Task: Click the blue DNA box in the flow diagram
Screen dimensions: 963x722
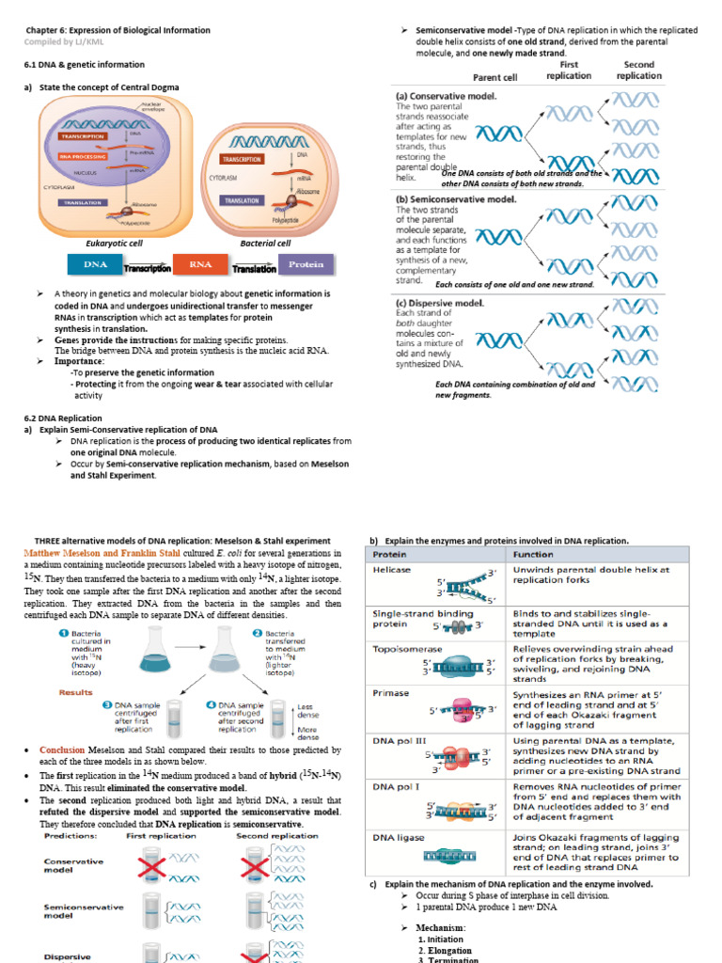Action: (95, 265)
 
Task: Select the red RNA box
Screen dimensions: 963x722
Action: (200, 265)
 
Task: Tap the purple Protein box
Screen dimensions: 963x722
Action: (306, 265)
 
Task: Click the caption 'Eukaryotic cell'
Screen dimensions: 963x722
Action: (112, 242)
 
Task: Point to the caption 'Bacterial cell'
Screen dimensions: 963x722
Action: (266, 242)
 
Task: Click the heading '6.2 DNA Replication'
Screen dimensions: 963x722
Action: (63, 418)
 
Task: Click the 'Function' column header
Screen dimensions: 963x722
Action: (534, 554)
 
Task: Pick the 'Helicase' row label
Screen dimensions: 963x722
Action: (390, 569)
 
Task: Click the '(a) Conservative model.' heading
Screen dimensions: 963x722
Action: (447, 96)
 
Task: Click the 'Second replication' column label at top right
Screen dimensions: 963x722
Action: (639, 71)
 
